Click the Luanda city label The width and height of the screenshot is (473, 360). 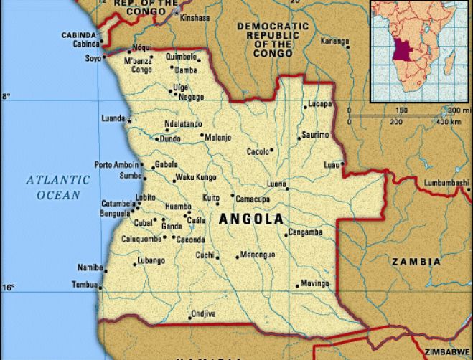click(x=114, y=118)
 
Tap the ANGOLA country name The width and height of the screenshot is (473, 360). click(x=250, y=219)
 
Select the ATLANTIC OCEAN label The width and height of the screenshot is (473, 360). click(x=59, y=186)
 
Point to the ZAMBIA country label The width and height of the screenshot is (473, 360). click(x=416, y=262)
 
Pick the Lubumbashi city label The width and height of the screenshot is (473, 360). click(x=446, y=184)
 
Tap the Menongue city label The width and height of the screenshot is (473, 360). click(x=258, y=254)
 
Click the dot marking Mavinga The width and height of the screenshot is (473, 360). click(x=296, y=286)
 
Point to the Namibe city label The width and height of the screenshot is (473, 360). click(x=90, y=267)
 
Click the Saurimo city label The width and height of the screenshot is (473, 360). click(x=315, y=135)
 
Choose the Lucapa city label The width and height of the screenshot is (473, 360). click(x=320, y=105)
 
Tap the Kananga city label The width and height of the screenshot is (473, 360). click(x=334, y=42)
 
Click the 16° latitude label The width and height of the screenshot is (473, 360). click(x=7, y=288)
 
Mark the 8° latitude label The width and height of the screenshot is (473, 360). click(x=6, y=95)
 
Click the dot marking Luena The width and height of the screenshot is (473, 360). click(x=287, y=189)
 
